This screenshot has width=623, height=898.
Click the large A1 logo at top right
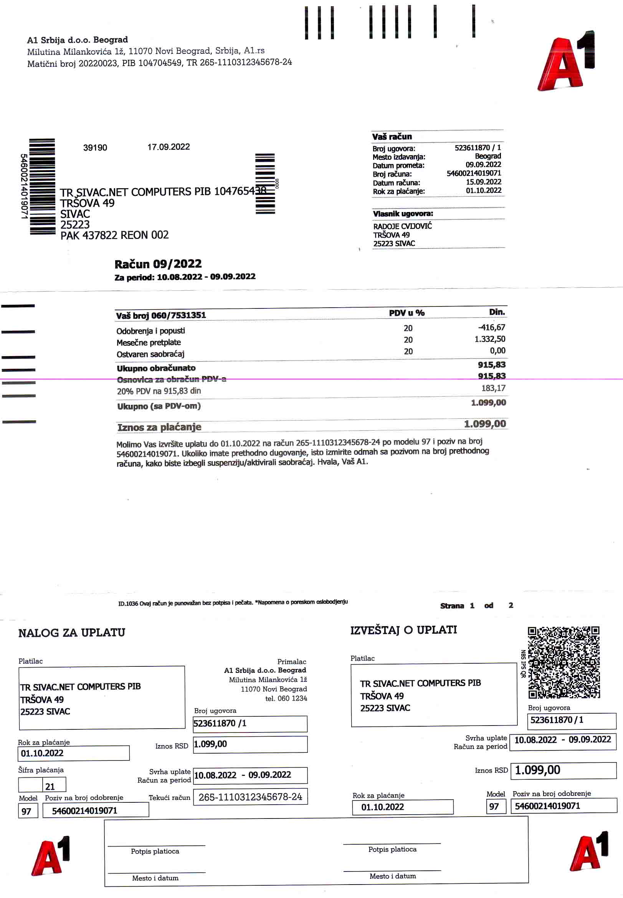click(x=566, y=62)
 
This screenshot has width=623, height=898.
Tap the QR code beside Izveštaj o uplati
click(x=563, y=663)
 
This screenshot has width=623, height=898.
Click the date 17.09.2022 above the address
click(x=168, y=147)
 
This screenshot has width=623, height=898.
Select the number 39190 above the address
click(x=95, y=147)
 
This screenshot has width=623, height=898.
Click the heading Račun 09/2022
click(x=158, y=264)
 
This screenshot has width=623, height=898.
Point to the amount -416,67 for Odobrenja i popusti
click(x=491, y=327)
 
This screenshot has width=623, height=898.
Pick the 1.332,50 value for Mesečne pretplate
click(x=489, y=339)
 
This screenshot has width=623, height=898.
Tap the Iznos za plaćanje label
click(x=159, y=427)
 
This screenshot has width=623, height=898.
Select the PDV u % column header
click(x=407, y=313)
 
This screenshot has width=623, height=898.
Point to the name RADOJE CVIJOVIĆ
click(x=402, y=226)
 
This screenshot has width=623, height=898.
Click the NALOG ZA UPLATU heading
click(x=72, y=633)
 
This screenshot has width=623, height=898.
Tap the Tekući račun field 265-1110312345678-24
click(x=250, y=797)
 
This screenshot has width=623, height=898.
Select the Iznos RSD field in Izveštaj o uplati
click(x=563, y=770)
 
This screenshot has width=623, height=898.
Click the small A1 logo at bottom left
click(x=51, y=856)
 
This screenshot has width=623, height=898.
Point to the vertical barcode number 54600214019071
click(x=24, y=186)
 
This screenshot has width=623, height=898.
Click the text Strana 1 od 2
click(x=476, y=606)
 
